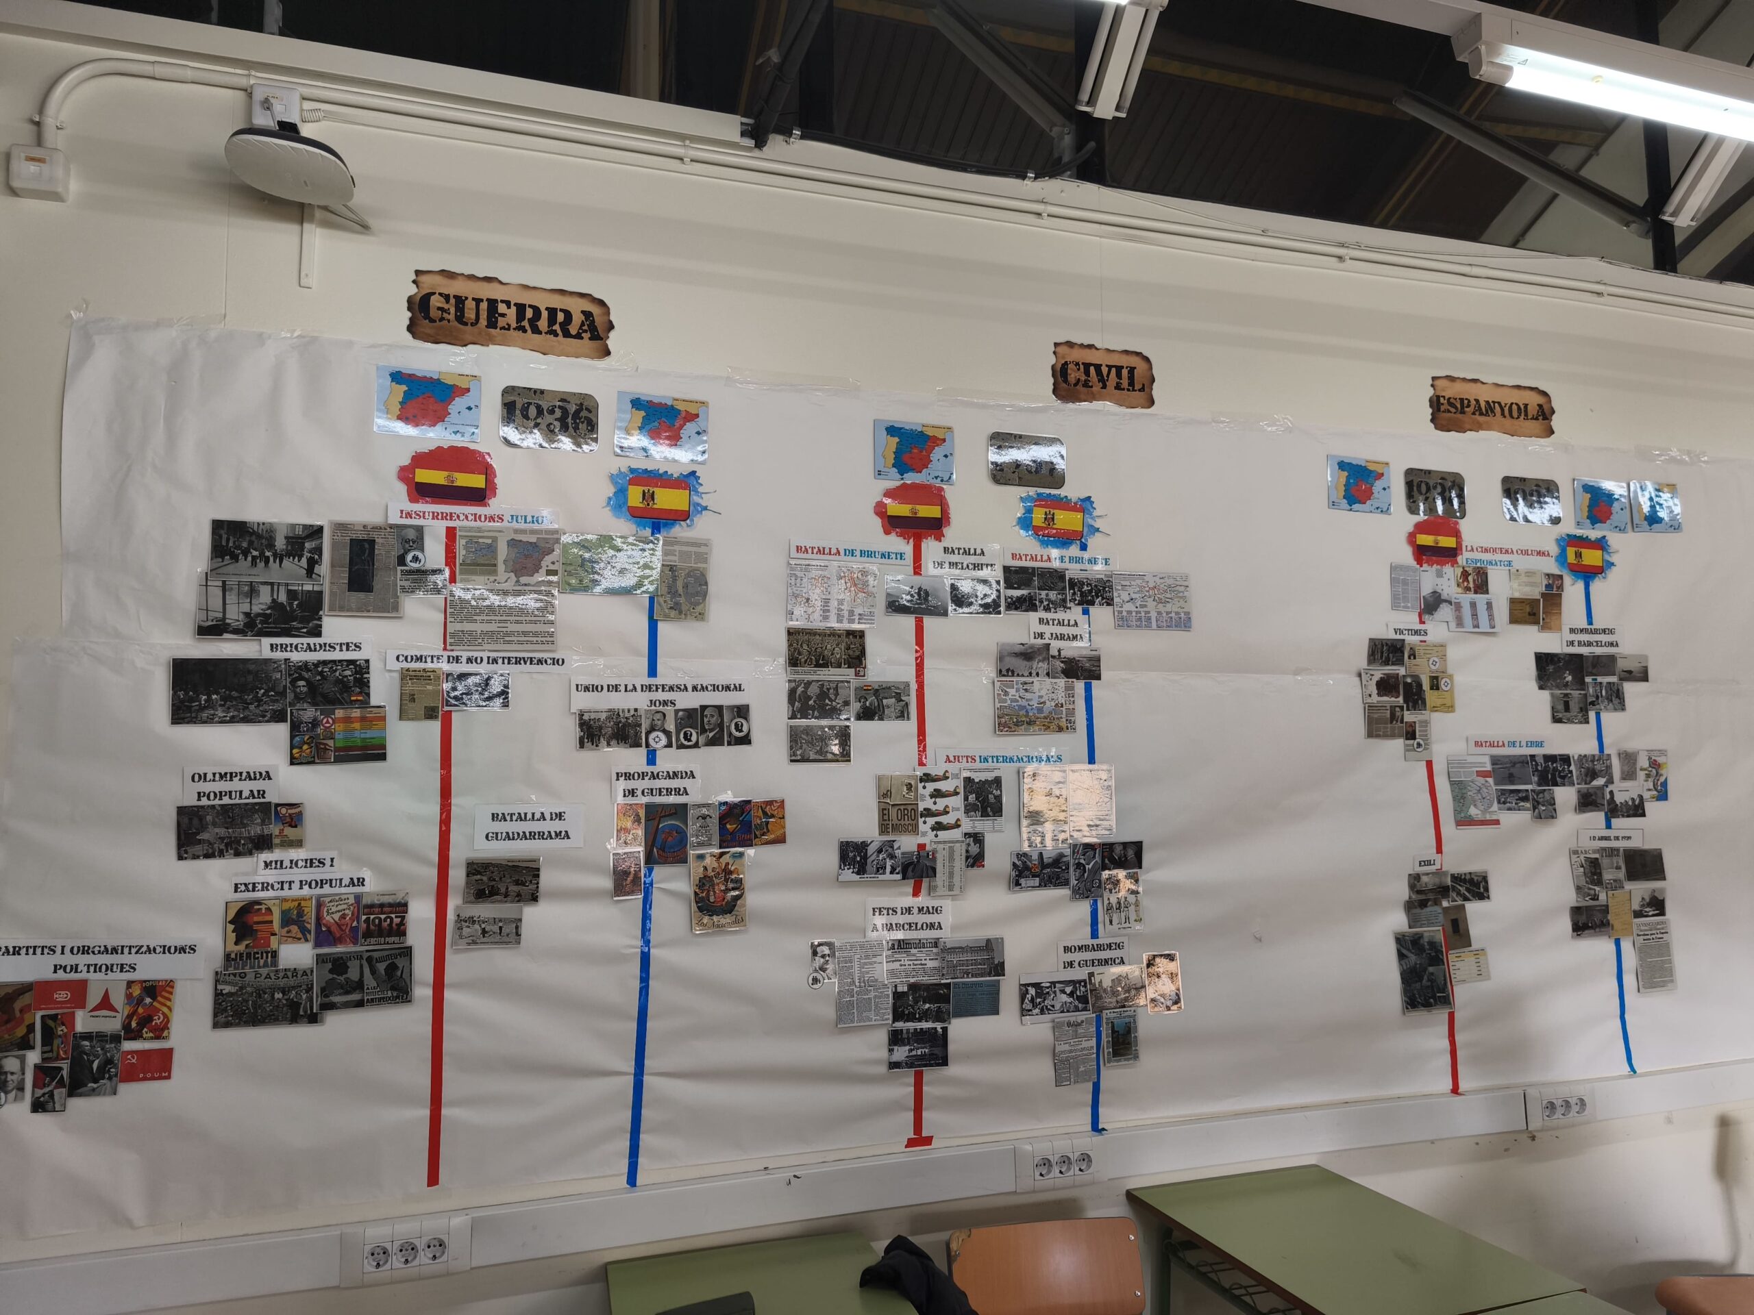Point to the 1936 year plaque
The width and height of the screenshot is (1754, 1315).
pyautogui.click(x=549, y=418)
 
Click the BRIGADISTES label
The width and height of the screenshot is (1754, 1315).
pyautogui.click(x=314, y=647)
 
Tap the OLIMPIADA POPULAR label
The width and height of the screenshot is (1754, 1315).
pyautogui.click(x=231, y=785)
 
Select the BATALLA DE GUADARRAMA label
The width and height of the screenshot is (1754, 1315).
pyautogui.click(x=529, y=825)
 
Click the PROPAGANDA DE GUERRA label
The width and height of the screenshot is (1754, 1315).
pyautogui.click(x=655, y=783)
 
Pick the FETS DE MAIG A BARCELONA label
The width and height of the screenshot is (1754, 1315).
pyautogui.click(x=907, y=918)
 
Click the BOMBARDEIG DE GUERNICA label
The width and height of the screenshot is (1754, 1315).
pyautogui.click(x=1094, y=954)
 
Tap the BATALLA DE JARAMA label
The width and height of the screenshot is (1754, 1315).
pyautogui.click(x=1059, y=629)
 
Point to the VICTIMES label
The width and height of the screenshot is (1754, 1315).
pyautogui.click(x=1409, y=631)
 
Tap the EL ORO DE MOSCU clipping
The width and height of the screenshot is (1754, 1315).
pyautogui.click(x=898, y=820)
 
